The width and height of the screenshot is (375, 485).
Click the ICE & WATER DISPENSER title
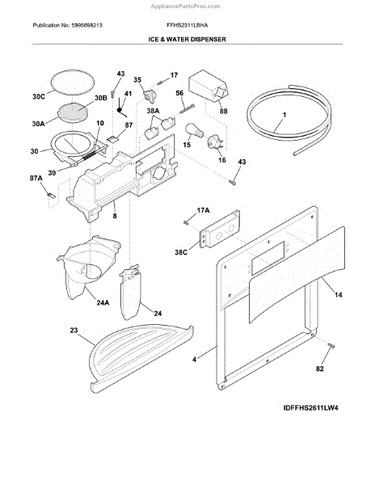point(187,39)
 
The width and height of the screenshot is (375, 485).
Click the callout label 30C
point(38,97)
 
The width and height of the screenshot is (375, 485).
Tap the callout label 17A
point(203,210)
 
